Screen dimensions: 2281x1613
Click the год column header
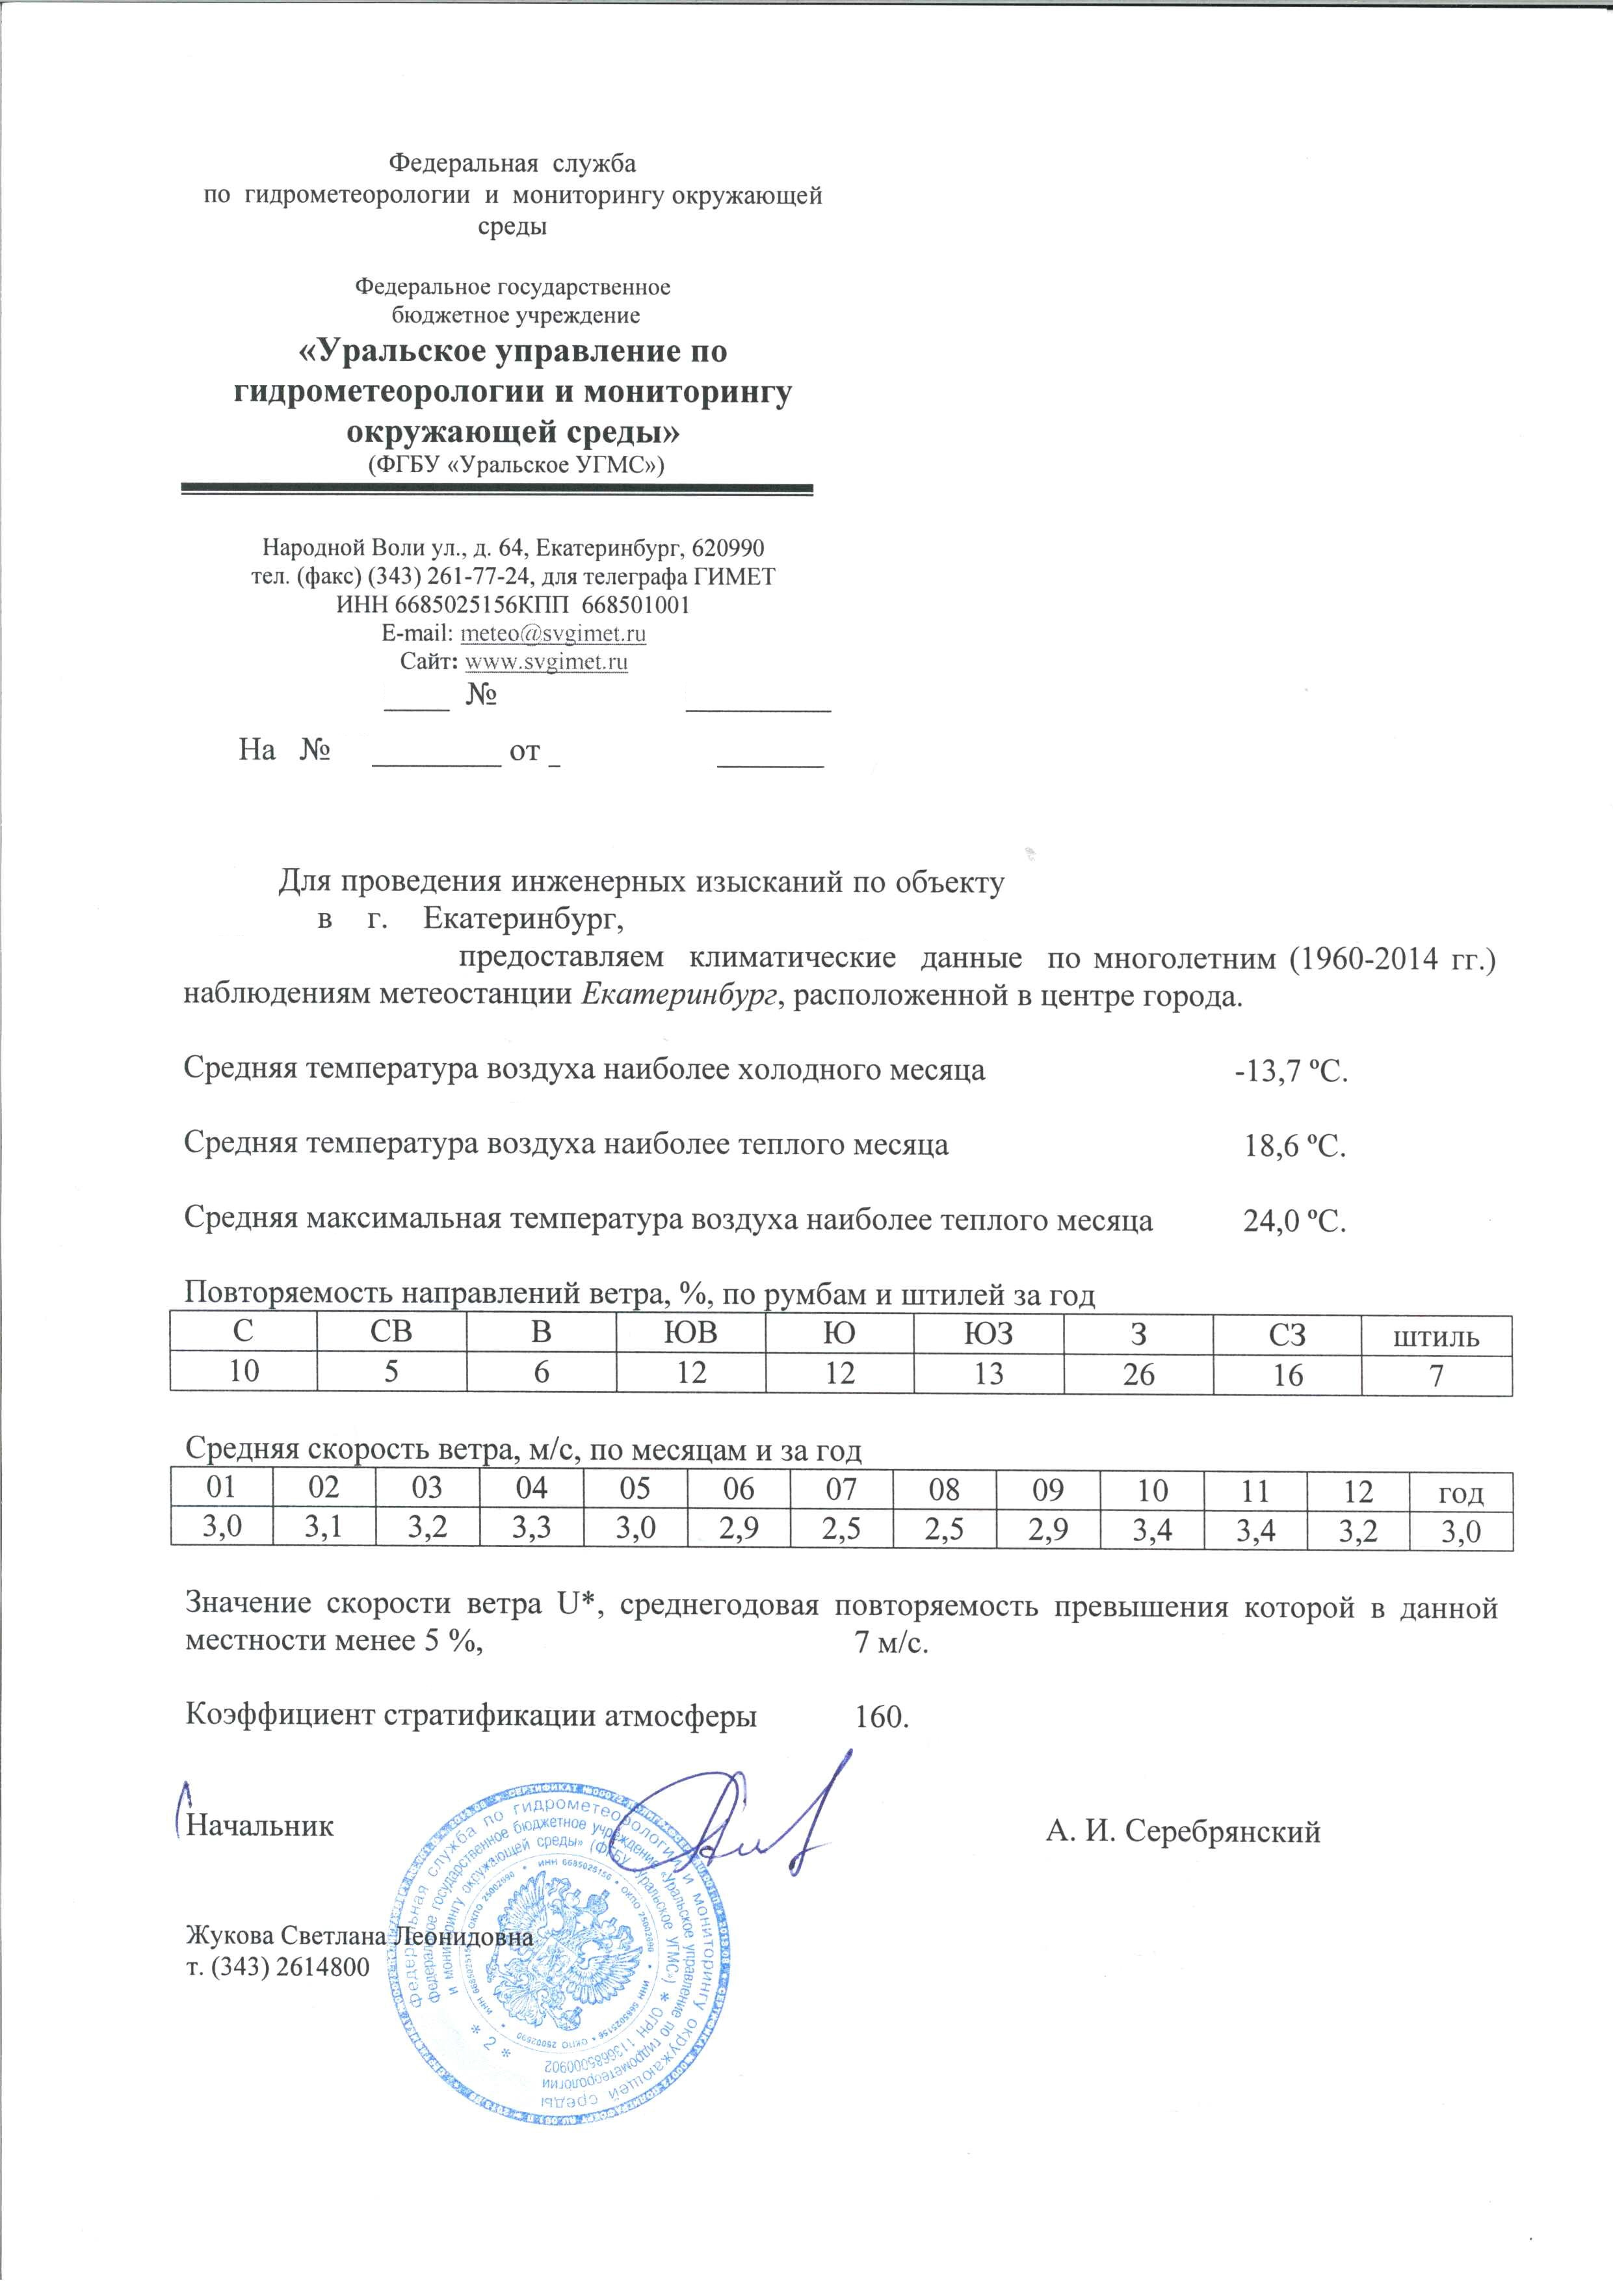click(1461, 1492)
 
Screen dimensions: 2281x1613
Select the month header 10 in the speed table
click(1153, 1490)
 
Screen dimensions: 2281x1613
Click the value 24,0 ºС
click(1295, 1221)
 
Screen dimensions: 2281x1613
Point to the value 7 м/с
click(891, 1643)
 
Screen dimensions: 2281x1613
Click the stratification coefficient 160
click(881, 1716)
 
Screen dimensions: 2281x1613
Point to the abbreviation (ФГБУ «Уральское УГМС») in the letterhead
click(516, 464)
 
